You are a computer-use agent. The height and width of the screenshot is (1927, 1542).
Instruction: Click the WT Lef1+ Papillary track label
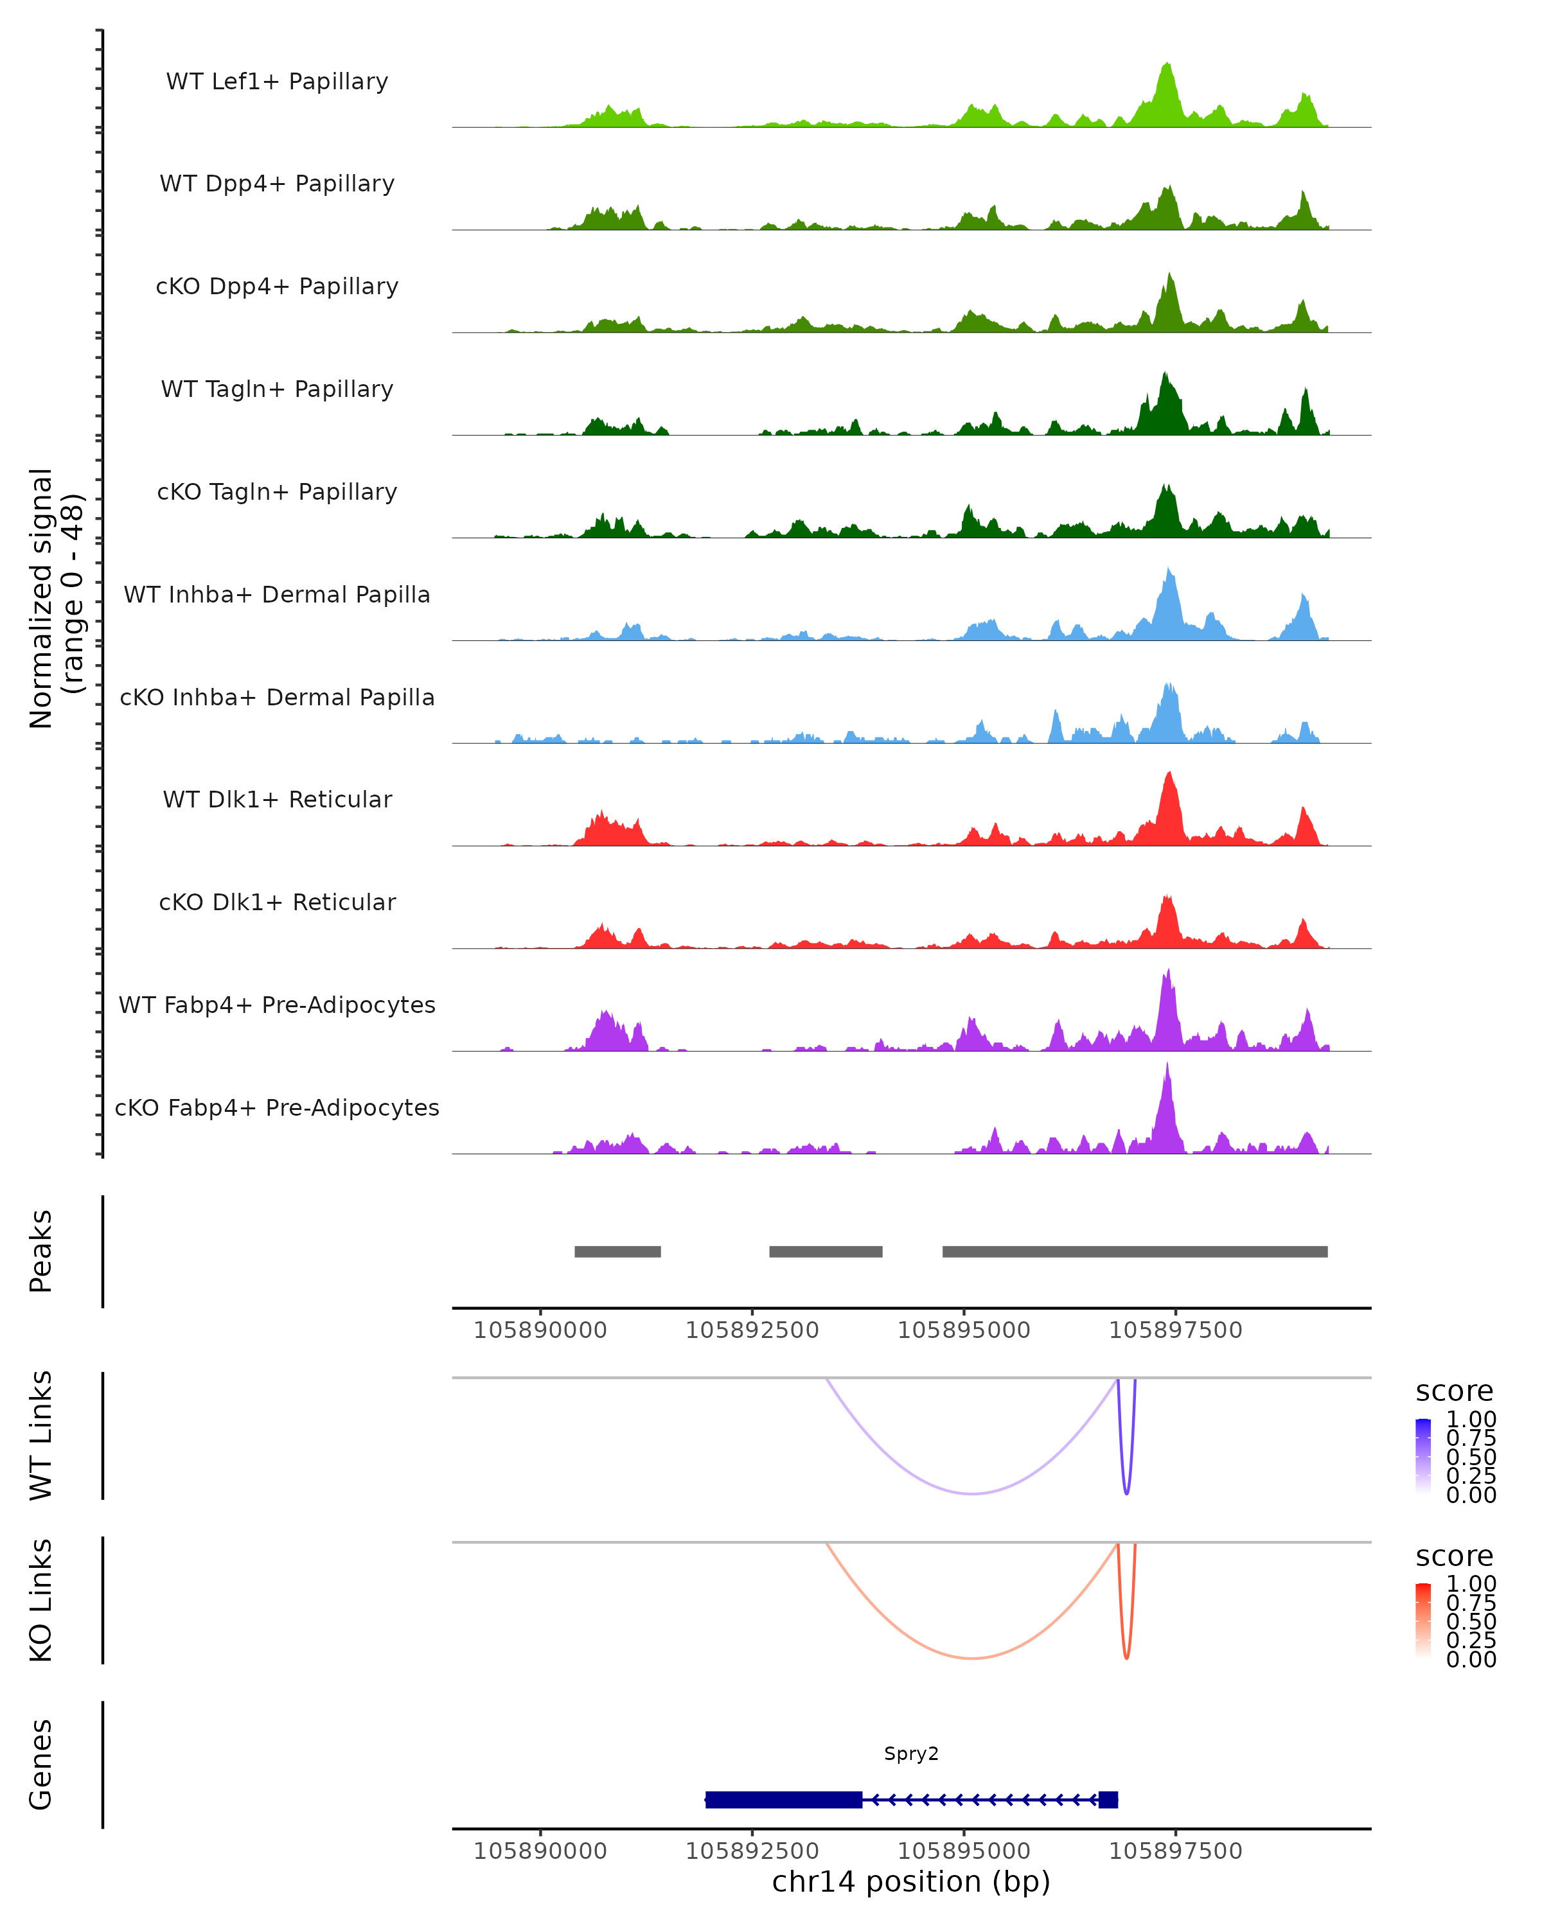pos(277,82)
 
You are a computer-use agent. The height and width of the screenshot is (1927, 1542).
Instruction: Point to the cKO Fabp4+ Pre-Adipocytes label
pos(277,1107)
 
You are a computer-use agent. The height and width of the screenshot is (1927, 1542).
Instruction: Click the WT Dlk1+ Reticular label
pos(277,799)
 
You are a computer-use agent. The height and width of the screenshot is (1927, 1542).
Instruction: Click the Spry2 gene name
pos(911,1754)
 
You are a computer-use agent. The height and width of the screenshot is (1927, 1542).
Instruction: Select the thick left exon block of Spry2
pos(783,1799)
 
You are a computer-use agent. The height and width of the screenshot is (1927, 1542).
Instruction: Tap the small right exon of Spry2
pos(1108,1799)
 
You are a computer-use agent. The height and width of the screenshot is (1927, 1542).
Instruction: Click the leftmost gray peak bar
pos(617,1251)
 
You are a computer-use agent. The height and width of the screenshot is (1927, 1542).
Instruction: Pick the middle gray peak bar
pos(826,1251)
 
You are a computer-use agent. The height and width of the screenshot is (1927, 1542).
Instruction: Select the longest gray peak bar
pos(1135,1251)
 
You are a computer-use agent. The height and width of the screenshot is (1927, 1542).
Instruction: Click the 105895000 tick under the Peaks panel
pos(964,1330)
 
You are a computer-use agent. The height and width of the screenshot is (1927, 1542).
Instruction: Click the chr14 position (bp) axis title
pos(911,1881)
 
